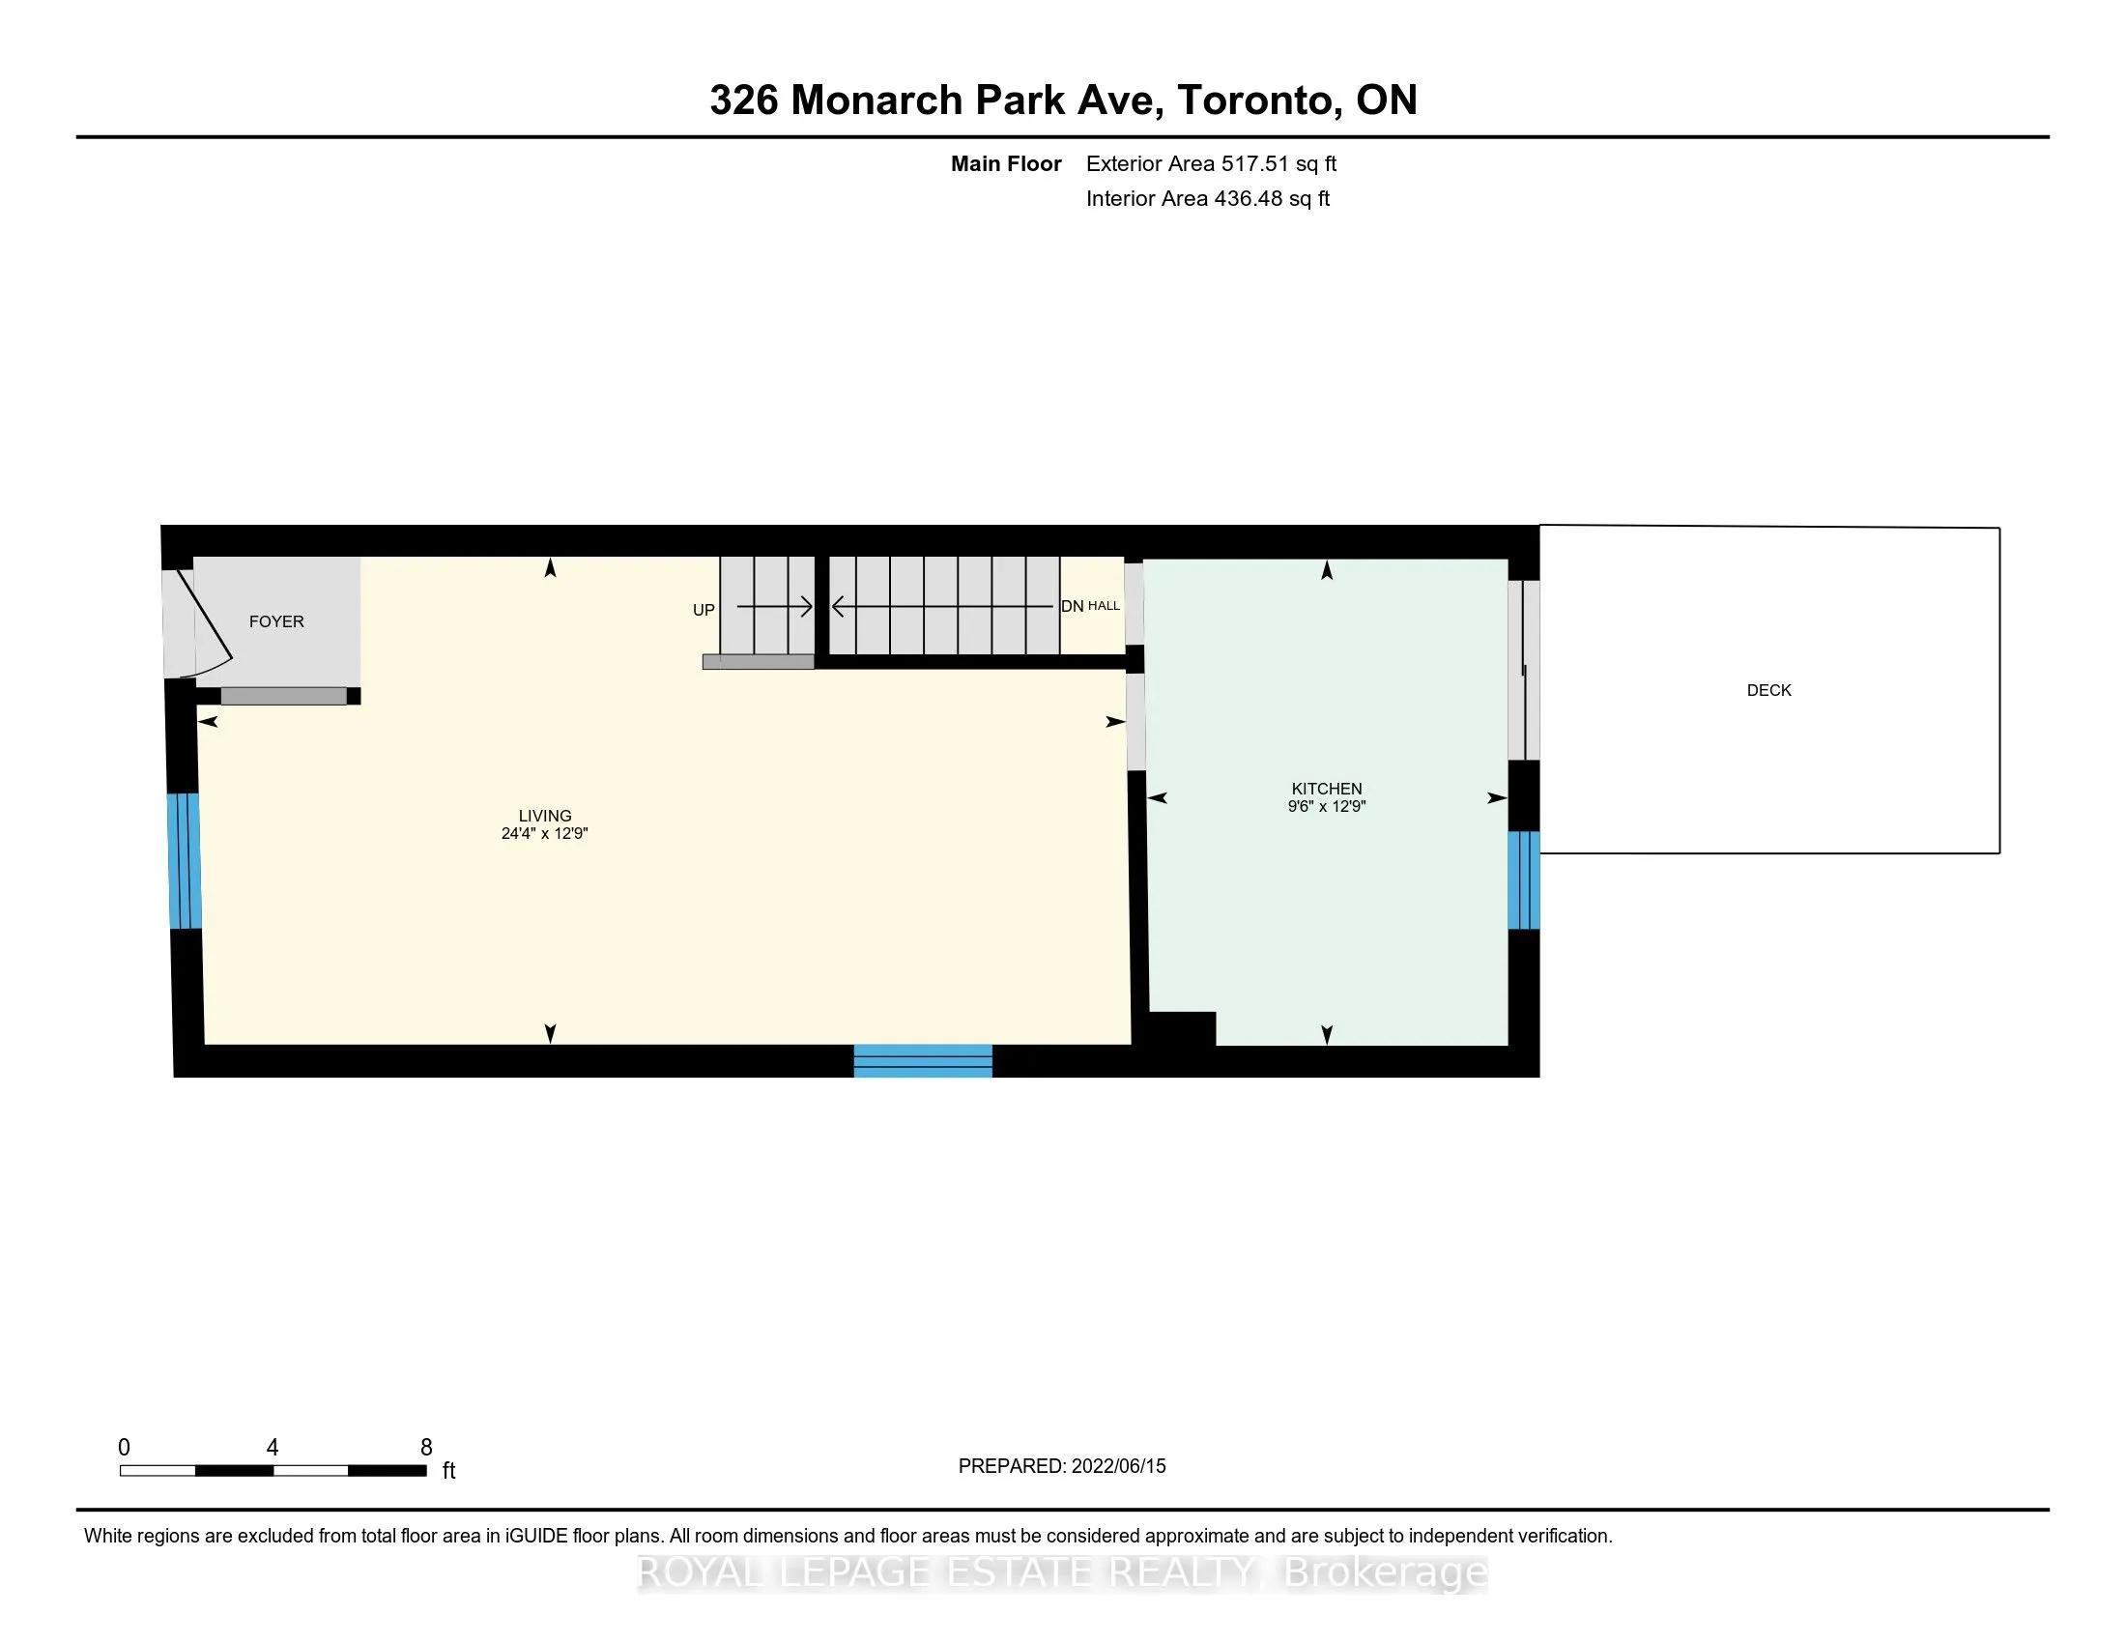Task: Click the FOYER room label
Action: click(x=276, y=622)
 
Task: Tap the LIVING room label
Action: click(x=545, y=816)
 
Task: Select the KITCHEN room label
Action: click(x=1327, y=789)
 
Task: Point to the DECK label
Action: click(x=1768, y=690)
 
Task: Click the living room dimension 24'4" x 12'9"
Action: click(x=545, y=833)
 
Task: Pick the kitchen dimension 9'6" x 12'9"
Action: click(x=1327, y=806)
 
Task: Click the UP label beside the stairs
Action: click(x=704, y=610)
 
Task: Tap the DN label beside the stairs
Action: click(x=1072, y=606)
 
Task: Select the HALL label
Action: click(x=1104, y=605)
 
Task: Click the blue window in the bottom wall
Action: click(x=923, y=1061)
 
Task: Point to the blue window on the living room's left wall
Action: click(x=185, y=861)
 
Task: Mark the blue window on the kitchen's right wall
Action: click(x=1523, y=879)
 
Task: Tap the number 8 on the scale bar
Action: click(x=426, y=1448)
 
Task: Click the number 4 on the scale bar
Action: click(x=273, y=1448)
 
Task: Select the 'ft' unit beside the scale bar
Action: click(x=448, y=1471)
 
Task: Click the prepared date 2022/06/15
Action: click(x=1118, y=1466)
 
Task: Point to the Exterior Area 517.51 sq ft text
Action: click(x=1211, y=163)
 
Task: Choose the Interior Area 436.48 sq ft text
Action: click(x=1207, y=198)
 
